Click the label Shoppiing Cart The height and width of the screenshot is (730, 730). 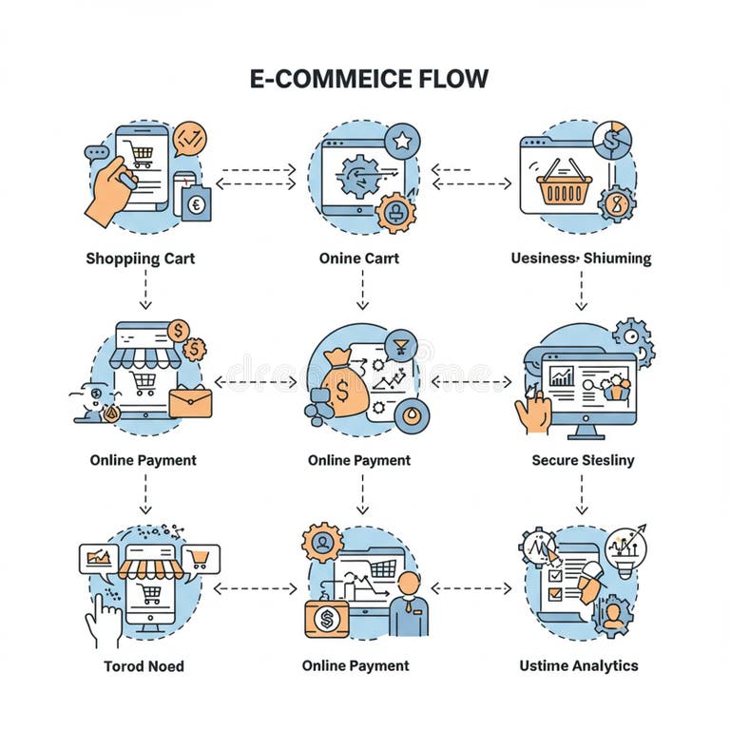[x=141, y=258]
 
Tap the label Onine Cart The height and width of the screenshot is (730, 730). [x=359, y=258]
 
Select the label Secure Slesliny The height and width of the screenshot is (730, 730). [x=583, y=460]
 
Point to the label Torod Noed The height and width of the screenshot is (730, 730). [x=144, y=665]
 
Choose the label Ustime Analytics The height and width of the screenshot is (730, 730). [x=578, y=665]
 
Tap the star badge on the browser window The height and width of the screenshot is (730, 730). [x=402, y=142]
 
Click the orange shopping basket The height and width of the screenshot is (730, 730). [x=564, y=182]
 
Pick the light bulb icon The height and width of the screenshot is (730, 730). [x=624, y=548]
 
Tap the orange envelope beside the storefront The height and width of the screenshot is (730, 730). [x=191, y=402]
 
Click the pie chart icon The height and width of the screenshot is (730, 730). [x=611, y=140]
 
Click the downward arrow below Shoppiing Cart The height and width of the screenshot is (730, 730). [x=144, y=291]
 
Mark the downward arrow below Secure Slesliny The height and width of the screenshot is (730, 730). [x=581, y=494]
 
